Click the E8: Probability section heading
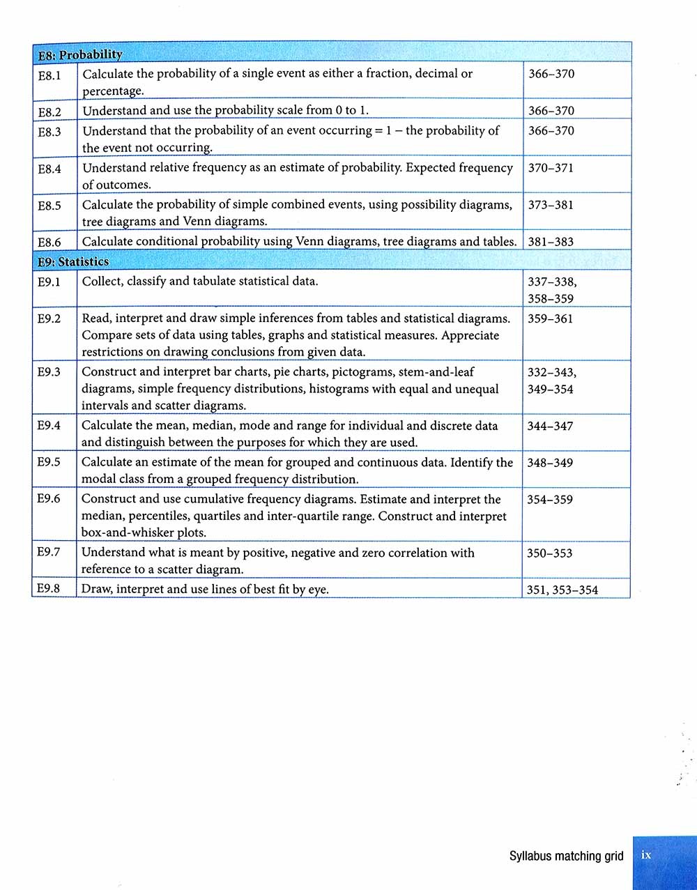[80, 54]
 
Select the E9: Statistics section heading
[73, 261]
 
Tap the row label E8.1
[49, 74]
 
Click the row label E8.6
[49, 243]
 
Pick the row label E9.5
[49, 463]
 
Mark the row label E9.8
[48, 589]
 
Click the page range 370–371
[551, 168]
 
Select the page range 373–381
[551, 205]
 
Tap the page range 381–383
[551, 242]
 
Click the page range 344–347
[550, 426]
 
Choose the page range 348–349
[550, 463]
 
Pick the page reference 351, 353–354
[562, 590]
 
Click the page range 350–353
[550, 553]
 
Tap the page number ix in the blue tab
[646, 855]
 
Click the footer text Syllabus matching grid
[566, 856]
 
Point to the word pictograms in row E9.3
[362, 372]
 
